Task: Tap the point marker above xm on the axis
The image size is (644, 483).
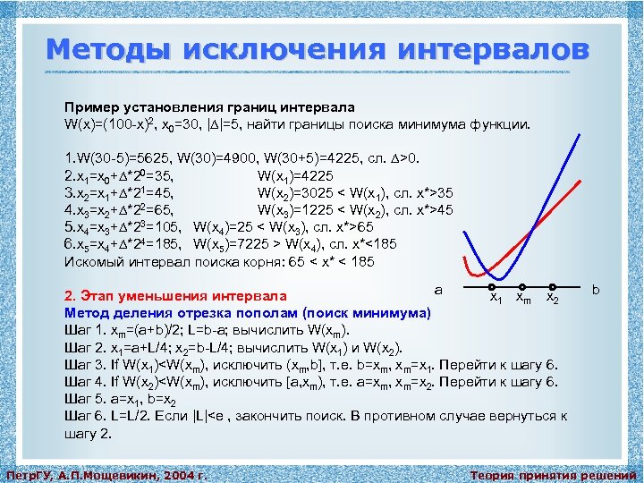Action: [x=522, y=287]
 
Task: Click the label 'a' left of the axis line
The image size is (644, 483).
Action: [x=437, y=289]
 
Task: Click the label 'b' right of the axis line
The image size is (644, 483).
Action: [x=596, y=289]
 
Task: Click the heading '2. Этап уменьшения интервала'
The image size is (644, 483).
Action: [x=175, y=296]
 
